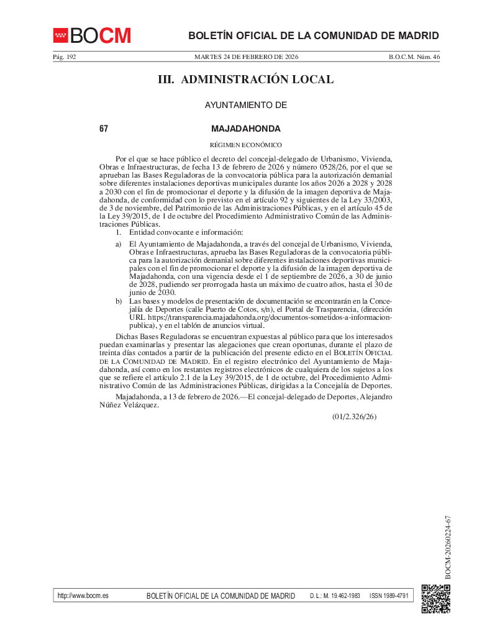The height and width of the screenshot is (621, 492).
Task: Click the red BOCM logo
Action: point(92,35)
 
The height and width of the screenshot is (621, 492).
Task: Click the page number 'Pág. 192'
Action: point(64,57)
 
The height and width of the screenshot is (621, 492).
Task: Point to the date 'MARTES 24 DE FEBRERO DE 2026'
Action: point(246,57)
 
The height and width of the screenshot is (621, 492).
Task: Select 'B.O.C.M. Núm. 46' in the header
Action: point(414,57)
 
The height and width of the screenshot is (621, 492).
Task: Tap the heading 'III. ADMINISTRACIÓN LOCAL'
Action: point(246,79)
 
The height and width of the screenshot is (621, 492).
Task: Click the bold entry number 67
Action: point(104,129)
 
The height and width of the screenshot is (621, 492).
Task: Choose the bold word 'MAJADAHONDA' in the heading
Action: point(246,129)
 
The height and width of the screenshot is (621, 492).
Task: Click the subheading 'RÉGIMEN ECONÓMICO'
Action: point(246,145)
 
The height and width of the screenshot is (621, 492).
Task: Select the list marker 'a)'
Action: point(118,243)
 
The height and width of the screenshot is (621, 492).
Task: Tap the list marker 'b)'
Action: point(118,301)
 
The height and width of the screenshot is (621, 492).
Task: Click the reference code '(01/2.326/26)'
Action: point(354,417)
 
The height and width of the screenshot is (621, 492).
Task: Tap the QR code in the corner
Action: point(435,598)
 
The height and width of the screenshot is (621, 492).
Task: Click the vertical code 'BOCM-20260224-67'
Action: point(447,546)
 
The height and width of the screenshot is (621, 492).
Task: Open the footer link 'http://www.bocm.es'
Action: point(83,596)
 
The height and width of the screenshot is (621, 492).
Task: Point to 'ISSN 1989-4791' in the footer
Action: point(389,596)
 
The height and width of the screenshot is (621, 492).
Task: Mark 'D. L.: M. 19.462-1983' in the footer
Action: point(335,596)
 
